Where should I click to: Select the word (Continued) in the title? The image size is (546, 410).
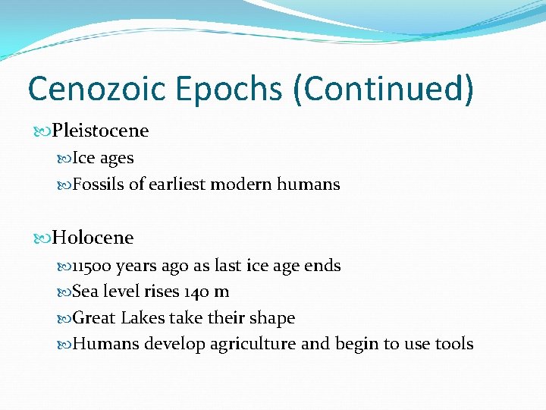tap(385, 88)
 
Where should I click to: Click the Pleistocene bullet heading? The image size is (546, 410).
tap(100, 131)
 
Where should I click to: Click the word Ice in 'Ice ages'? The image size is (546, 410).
tap(82, 158)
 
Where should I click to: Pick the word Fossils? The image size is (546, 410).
tap(98, 184)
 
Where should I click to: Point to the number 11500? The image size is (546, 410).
tap(91, 266)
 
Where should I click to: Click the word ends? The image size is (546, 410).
tap(322, 266)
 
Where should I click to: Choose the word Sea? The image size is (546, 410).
tap(84, 292)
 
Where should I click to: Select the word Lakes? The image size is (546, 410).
tap(142, 317)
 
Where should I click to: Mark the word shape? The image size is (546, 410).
tap(272, 318)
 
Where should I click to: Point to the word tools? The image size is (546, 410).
tap(453, 344)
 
